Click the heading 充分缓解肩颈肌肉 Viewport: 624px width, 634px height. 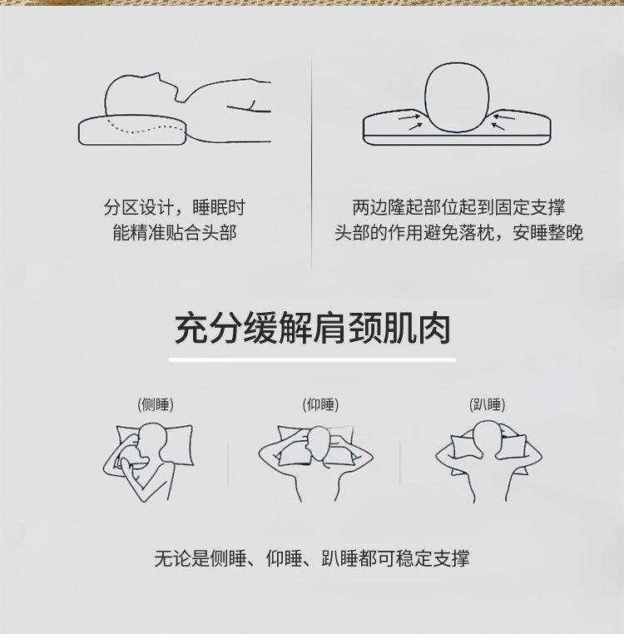[x=312, y=328]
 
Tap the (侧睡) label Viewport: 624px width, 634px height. [x=156, y=404]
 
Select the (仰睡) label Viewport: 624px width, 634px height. [x=320, y=404]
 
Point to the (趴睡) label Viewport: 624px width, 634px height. [x=488, y=404]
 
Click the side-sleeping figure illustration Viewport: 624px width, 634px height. [x=148, y=462]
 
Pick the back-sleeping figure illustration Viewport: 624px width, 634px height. [x=316, y=463]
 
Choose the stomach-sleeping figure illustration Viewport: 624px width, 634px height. [x=488, y=461]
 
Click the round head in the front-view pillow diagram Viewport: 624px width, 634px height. [x=457, y=97]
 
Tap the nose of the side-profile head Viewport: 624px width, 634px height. [x=159, y=76]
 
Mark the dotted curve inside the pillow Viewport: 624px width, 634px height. [x=145, y=126]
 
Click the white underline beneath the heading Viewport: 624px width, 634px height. [x=312, y=359]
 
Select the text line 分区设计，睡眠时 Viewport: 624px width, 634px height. [x=174, y=208]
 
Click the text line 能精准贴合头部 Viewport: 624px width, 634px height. [x=174, y=232]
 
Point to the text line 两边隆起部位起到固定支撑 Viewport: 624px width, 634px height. [x=458, y=208]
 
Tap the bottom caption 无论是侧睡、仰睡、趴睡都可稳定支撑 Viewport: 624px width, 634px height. [x=312, y=559]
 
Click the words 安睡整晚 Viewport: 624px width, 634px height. [x=547, y=232]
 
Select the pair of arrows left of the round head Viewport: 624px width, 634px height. [x=410, y=121]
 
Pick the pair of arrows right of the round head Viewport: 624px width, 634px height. [x=503, y=122]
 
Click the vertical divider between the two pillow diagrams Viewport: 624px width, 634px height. [x=311, y=166]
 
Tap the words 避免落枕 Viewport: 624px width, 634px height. [x=458, y=232]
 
